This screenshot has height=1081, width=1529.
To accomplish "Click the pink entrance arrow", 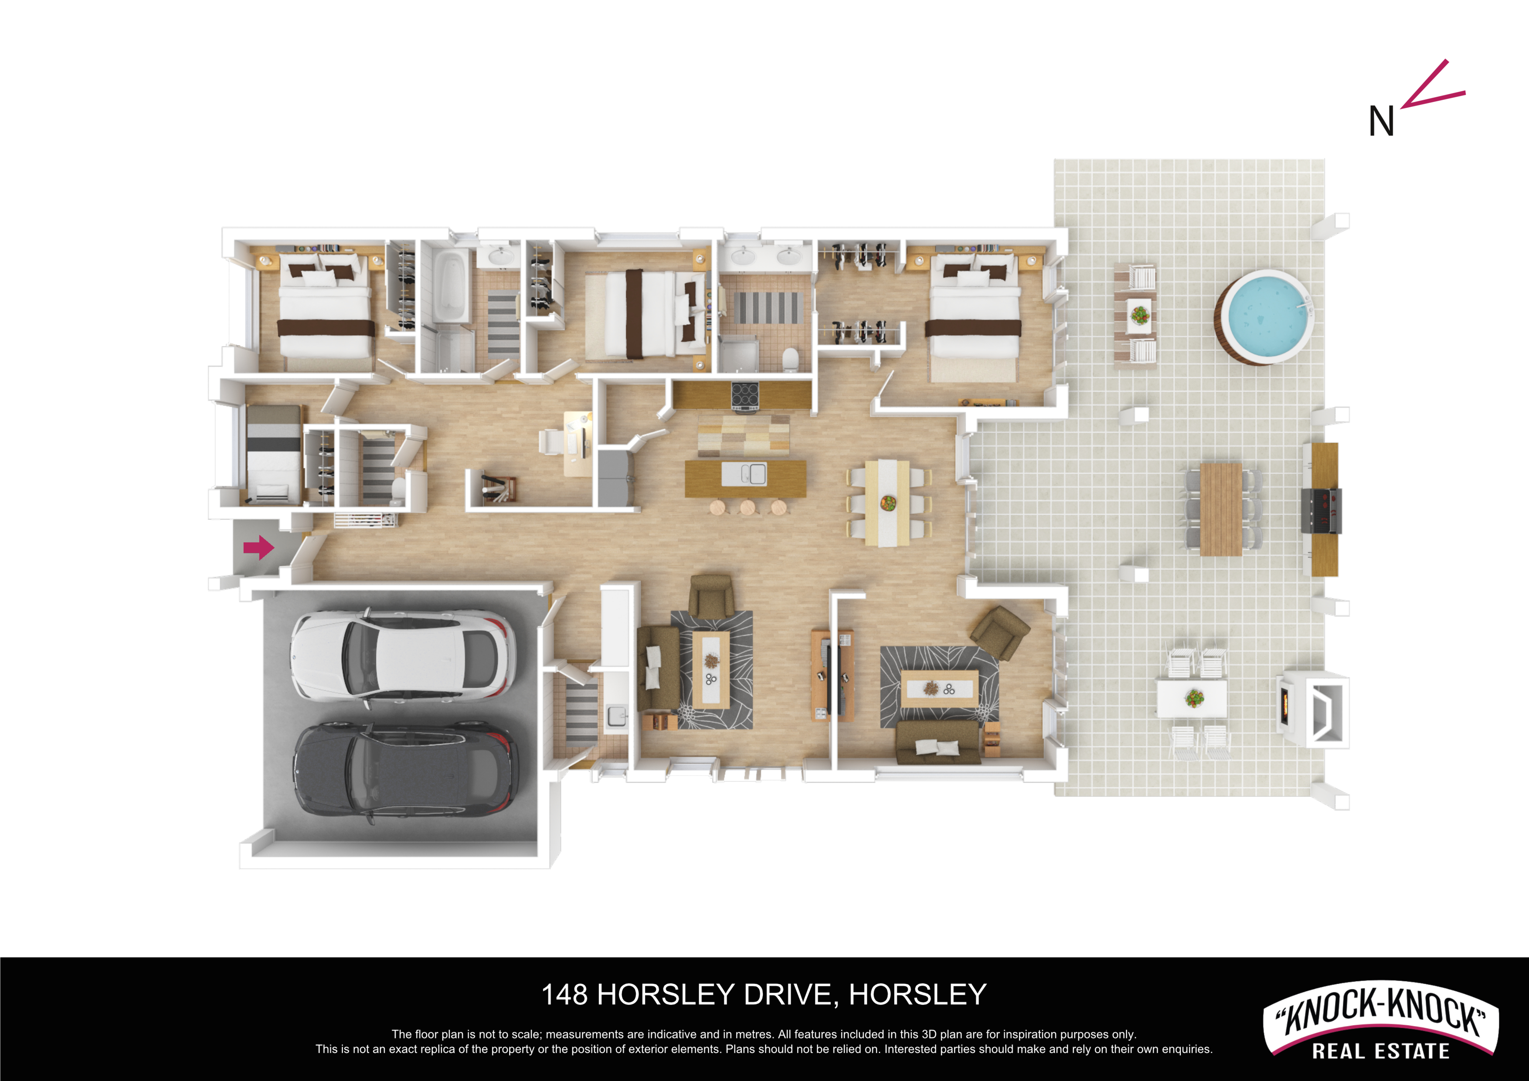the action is [259, 548].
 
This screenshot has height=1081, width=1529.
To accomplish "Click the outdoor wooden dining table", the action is [1221, 510].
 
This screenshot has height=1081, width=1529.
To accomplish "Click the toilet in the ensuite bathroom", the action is [791, 359].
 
